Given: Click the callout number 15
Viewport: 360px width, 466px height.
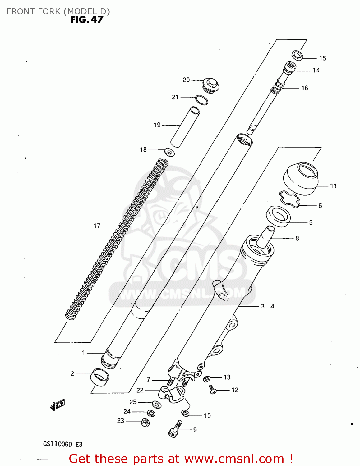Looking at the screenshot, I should click(x=323, y=58).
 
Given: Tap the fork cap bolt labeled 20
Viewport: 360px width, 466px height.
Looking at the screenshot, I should click(x=211, y=85).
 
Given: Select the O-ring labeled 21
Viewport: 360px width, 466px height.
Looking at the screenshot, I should click(x=201, y=100).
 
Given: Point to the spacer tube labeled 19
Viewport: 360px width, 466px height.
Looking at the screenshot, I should click(x=185, y=127).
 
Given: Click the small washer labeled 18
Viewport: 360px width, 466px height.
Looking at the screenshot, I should click(x=169, y=153).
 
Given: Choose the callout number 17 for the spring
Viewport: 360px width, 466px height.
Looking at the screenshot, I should click(x=97, y=226).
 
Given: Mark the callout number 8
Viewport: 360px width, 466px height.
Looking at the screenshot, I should click(x=297, y=238).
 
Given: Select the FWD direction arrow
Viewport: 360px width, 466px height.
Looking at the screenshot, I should click(x=58, y=405).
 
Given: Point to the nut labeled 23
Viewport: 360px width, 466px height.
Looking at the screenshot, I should click(x=145, y=423).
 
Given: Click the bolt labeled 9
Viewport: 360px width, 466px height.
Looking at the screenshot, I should click(x=175, y=429).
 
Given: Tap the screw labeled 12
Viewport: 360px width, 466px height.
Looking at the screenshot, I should click(x=213, y=390).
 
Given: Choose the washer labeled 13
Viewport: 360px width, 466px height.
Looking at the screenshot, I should click(x=206, y=379).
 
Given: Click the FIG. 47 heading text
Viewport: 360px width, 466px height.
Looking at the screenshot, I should click(x=87, y=19).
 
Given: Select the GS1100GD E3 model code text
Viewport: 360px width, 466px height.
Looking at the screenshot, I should click(x=62, y=444).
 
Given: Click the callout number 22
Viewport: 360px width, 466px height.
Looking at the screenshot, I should click(x=140, y=390).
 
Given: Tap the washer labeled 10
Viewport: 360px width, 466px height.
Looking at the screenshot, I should click(x=185, y=413).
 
